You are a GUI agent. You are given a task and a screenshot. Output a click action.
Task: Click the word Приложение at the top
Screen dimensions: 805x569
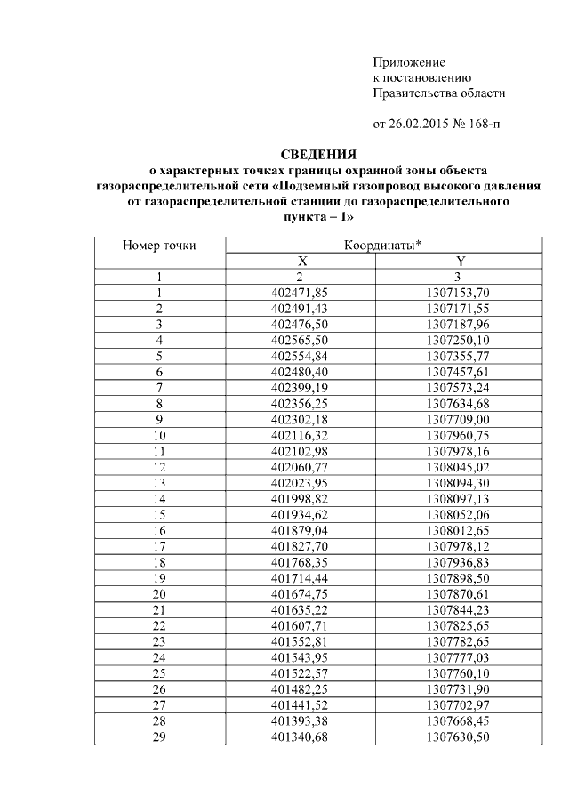(408, 62)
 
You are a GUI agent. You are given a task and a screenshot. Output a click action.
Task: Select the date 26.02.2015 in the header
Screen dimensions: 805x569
(418, 124)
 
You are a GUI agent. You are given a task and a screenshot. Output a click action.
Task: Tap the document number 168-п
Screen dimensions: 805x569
(480, 124)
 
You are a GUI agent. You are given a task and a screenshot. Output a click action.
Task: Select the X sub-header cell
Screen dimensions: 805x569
(302, 261)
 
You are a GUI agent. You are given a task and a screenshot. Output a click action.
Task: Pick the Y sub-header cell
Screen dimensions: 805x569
(460, 261)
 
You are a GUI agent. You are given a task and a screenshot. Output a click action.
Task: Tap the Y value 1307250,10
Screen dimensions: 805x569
(460, 340)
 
